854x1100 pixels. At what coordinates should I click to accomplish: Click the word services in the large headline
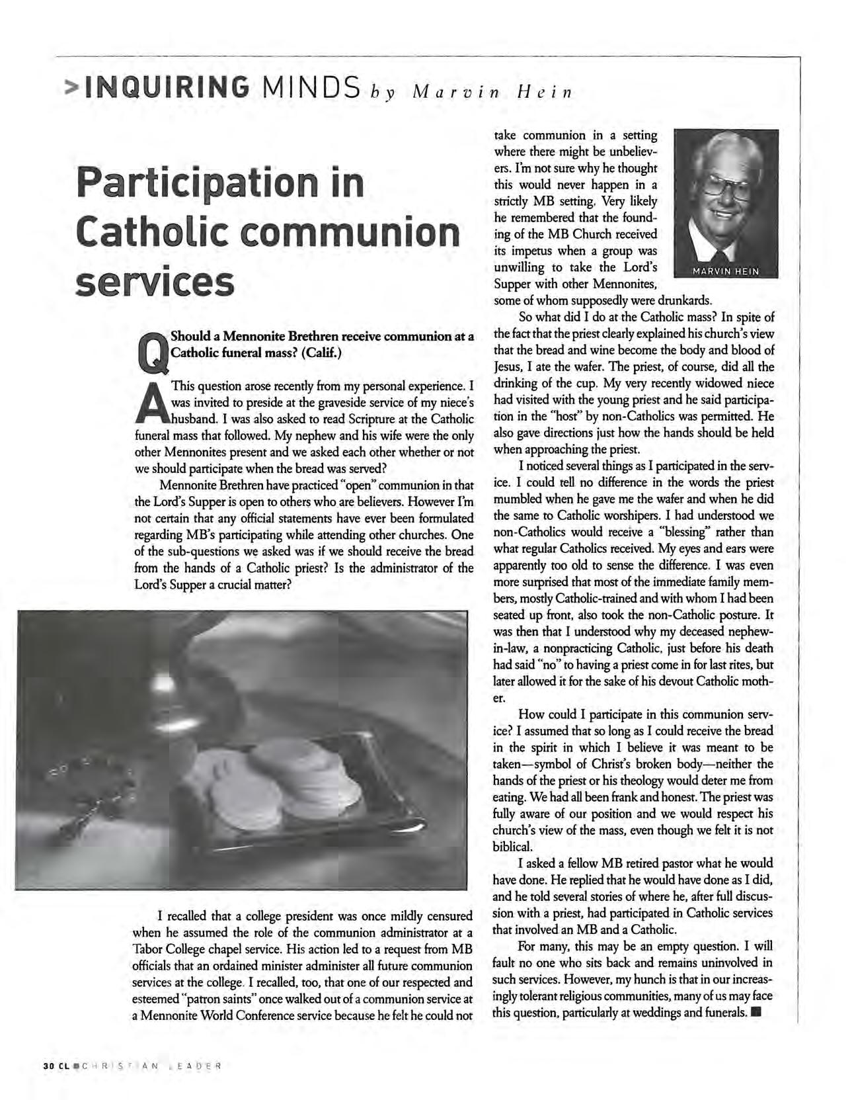pos(155,283)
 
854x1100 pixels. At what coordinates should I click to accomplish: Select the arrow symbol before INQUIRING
pos(69,87)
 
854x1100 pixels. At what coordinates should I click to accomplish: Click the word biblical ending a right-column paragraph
pos(513,847)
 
